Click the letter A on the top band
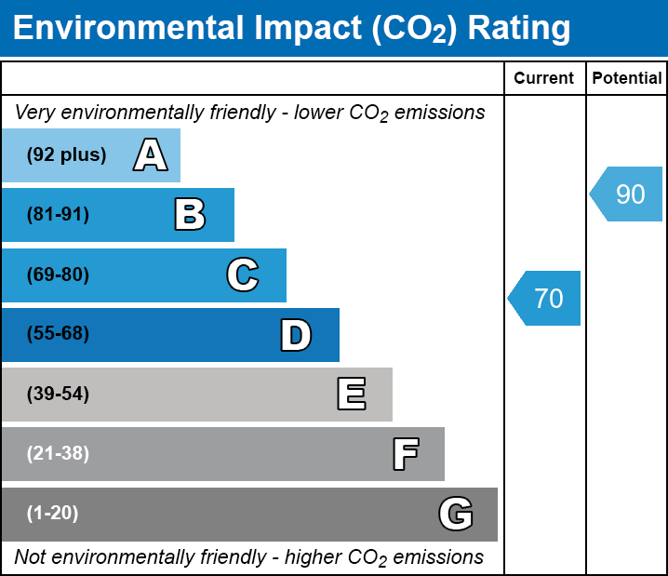[150, 155]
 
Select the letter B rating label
[190, 215]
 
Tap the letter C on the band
[242, 275]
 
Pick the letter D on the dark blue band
[296, 335]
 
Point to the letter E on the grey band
[351, 395]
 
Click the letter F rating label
[405, 454]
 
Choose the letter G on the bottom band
[456, 514]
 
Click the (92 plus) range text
[66, 155]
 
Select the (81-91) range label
[58, 215]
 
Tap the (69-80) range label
[58, 275]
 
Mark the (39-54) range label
[58, 395]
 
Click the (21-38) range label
[58, 454]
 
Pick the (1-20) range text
[53, 514]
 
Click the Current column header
[544, 79]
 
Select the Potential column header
[627, 79]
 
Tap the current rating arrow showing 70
[545, 299]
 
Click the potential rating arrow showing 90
[627, 194]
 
